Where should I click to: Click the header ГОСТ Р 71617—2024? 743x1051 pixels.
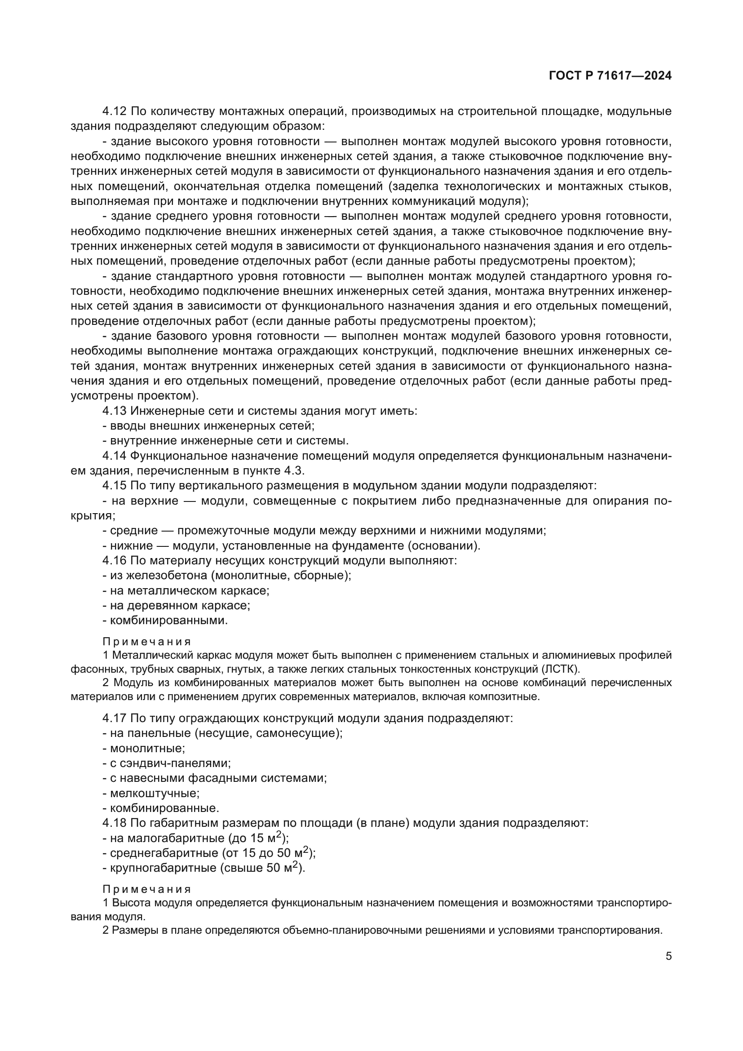pyautogui.click(x=610, y=75)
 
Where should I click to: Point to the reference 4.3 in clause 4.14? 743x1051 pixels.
pyautogui.click(x=294, y=470)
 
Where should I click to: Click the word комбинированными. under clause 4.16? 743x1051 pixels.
pyautogui.click(x=169, y=620)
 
